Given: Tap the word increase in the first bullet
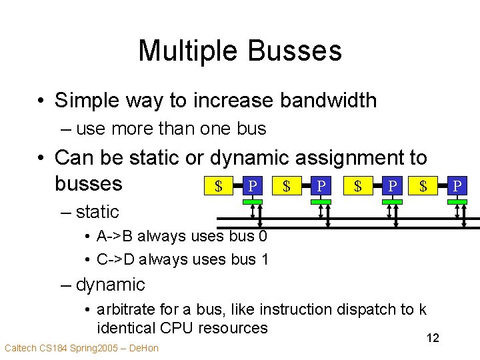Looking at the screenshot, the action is click(234, 101).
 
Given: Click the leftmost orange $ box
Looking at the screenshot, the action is click(217, 186).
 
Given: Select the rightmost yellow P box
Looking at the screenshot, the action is click(457, 186).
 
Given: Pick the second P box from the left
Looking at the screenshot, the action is click(321, 186).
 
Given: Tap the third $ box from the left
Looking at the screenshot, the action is click(357, 186).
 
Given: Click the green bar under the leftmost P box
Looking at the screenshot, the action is click(252, 200).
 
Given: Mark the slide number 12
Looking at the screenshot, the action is click(433, 339).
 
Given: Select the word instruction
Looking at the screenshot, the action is click(295, 309).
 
